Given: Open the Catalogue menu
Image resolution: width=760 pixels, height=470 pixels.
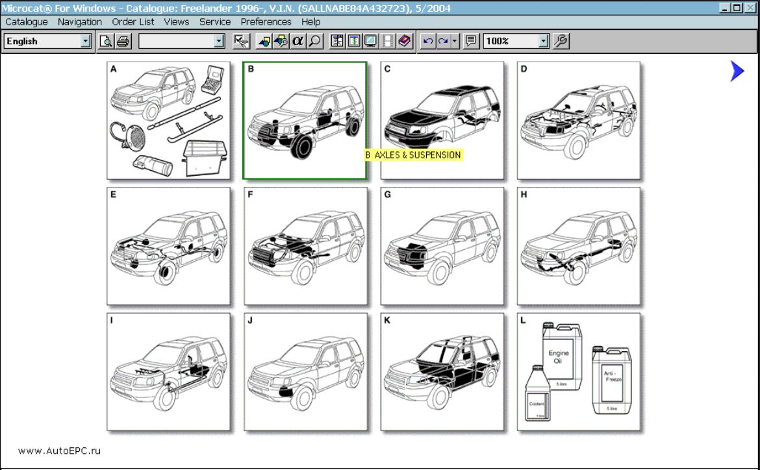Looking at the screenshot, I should point(26,21).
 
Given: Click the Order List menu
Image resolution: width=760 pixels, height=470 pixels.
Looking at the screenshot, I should point(133,21).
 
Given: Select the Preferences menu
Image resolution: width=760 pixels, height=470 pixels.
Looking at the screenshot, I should point(266,21).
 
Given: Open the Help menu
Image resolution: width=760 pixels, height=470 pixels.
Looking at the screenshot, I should point(310,21).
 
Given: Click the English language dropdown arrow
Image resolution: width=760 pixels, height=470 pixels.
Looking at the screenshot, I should point(85,42).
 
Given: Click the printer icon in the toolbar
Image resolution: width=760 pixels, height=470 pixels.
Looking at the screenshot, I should point(123,42).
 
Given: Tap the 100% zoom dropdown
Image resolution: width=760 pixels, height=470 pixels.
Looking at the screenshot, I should point(543,42).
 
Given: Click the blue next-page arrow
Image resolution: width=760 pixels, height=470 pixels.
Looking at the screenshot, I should point(737,71).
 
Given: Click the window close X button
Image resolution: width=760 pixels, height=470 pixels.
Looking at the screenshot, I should point(750,8).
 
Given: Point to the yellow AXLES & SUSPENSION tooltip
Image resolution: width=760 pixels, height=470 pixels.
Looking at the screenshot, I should point(413,155).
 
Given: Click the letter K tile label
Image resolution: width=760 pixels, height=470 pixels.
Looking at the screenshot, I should point(387,320).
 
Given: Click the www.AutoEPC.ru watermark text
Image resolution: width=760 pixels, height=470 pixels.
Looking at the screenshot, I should point(59,451).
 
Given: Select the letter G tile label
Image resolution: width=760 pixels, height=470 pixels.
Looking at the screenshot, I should point(388,194).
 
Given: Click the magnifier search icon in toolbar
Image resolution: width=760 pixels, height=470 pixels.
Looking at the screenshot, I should point(314,42).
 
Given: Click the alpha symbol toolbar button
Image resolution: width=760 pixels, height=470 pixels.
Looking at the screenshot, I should point(298,42).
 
